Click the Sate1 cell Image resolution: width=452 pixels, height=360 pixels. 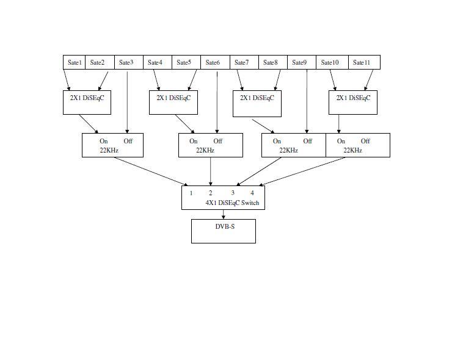pyautogui.click(x=75, y=62)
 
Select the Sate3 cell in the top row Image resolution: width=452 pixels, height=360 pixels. pyautogui.click(x=126, y=62)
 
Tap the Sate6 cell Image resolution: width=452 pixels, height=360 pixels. pyautogui.click(x=213, y=62)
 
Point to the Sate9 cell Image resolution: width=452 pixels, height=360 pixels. pyautogui.click(x=299, y=62)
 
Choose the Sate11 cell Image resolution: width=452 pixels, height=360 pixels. pyautogui.click(x=362, y=62)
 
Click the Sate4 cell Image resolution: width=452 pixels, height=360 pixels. pyautogui.click(x=155, y=62)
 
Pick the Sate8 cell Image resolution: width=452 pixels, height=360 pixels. pyautogui.click(x=271, y=62)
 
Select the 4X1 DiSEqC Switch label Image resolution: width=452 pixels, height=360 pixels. pyautogui.click(x=232, y=203)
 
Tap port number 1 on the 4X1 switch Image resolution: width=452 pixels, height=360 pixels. pyautogui.click(x=191, y=193)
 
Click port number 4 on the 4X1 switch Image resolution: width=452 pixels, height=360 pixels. pyautogui.click(x=252, y=193)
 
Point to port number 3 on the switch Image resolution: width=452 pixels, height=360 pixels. pyautogui.click(x=233, y=193)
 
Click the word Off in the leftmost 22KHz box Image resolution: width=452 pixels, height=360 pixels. pyautogui.click(x=128, y=141)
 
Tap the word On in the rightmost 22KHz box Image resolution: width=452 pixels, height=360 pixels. pyautogui.click(x=341, y=141)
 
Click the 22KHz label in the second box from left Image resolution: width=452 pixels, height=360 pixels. pyautogui.click(x=205, y=150)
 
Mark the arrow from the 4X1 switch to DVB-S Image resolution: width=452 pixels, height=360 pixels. pyautogui.click(x=224, y=214)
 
